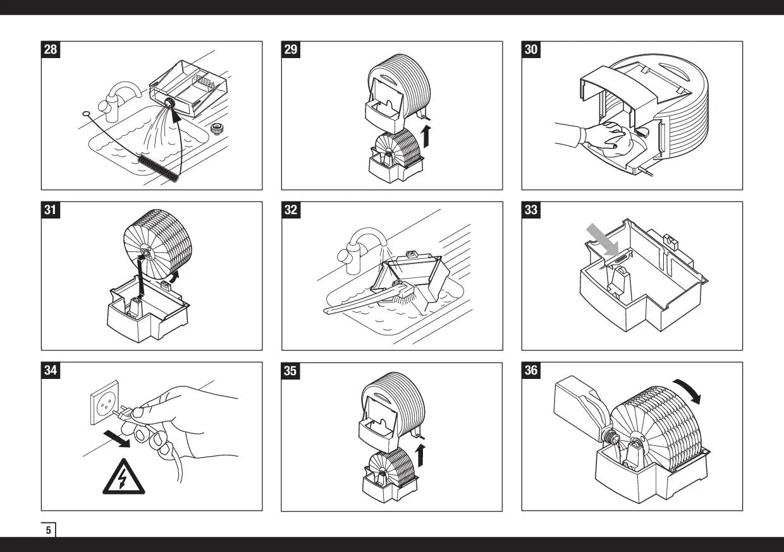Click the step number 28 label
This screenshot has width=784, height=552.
coord(51,49)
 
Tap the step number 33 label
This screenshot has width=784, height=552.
coord(531,210)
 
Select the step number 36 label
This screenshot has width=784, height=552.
coord(531,370)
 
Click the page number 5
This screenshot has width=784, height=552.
coord(48,530)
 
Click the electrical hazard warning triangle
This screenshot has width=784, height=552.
coord(123,476)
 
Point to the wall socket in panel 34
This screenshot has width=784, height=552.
coord(104,403)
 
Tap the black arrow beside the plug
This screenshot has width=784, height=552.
coord(117,439)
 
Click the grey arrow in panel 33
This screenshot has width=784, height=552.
coord(603,239)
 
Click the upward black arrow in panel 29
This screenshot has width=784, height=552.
coord(426,136)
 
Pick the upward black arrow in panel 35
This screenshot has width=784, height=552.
coord(420,455)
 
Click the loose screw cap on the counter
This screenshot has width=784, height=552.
coord(217,129)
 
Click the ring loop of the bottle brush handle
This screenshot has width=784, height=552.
coord(86,114)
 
